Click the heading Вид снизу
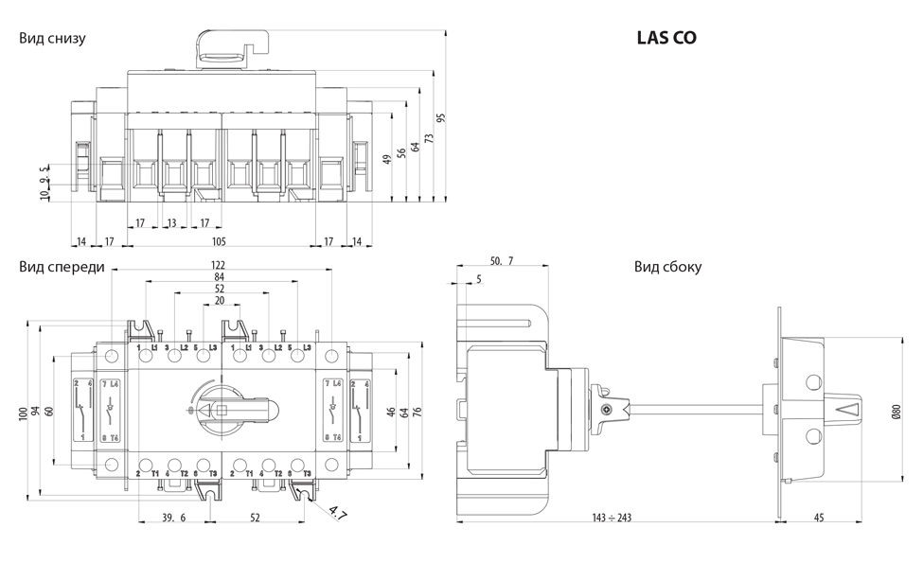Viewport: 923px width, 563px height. [x=52, y=39]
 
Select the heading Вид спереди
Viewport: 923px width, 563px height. [x=62, y=267]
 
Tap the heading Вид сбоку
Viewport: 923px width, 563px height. [x=667, y=267]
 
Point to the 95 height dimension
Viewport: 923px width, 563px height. [x=441, y=117]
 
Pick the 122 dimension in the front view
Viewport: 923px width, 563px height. [x=220, y=264]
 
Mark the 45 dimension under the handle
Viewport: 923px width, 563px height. [x=819, y=518]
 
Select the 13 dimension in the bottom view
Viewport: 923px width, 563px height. [x=171, y=223]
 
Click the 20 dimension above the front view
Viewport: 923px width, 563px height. [x=220, y=301]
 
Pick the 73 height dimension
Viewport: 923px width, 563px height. [x=428, y=138]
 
